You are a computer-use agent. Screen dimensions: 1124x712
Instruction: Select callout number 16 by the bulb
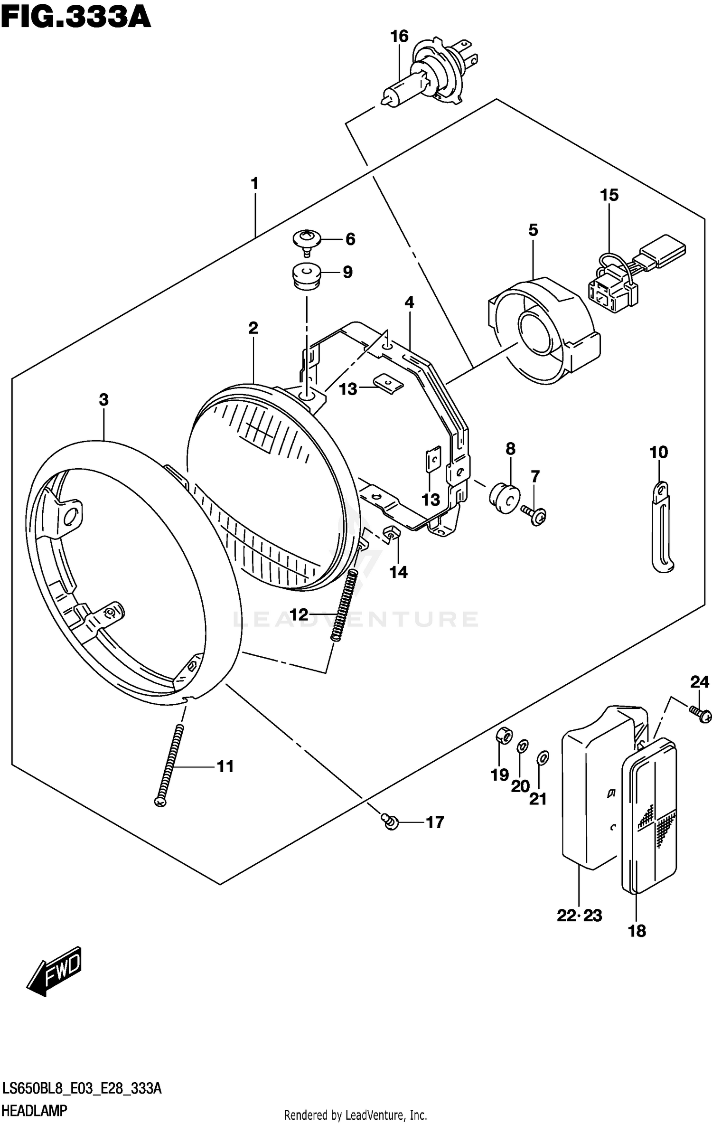tap(399, 36)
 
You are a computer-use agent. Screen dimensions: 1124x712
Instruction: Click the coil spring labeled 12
tap(345, 606)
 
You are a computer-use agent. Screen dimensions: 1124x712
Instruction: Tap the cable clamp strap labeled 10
tap(661, 527)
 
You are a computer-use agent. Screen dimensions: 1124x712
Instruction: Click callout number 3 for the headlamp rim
tap(103, 400)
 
